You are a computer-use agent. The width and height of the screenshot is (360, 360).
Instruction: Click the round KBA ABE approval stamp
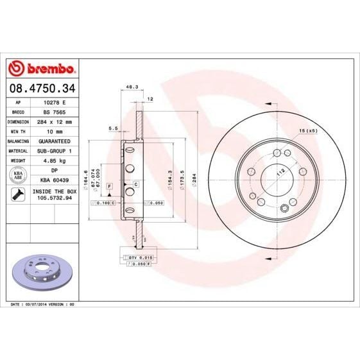click(x=18, y=176)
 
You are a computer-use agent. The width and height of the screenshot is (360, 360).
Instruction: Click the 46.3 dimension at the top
click(x=131, y=86)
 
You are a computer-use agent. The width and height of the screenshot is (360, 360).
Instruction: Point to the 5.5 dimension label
click(x=113, y=128)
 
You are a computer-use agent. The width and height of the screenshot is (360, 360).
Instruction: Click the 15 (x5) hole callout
click(x=308, y=132)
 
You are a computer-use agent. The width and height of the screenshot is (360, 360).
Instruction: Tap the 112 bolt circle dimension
click(x=280, y=172)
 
